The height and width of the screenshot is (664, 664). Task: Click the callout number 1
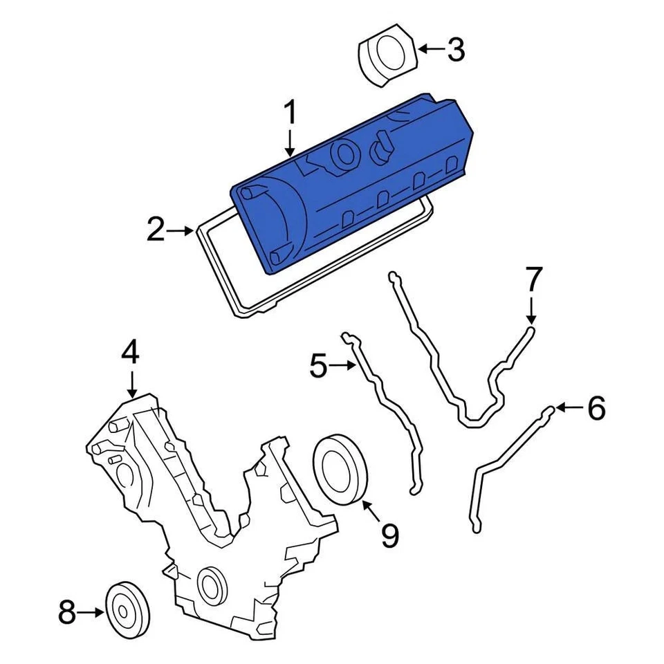[x=290, y=113]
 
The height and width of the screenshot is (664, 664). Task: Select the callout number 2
[x=156, y=230]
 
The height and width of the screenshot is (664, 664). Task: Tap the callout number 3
[x=456, y=49]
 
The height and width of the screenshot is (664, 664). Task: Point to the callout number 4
[x=130, y=353]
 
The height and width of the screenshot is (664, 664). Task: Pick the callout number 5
[x=317, y=365]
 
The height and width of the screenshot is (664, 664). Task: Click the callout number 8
[x=66, y=612]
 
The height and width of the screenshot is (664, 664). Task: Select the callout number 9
[x=391, y=535]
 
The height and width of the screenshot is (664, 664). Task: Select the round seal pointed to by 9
[x=341, y=468]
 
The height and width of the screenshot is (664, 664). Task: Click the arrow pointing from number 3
[x=431, y=49]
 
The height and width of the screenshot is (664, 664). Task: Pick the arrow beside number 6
[x=569, y=408]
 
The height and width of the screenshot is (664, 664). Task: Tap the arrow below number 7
[x=531, y=308]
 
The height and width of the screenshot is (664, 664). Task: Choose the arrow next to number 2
[x=183, y=230]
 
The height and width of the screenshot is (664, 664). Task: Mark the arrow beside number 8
[x=91, y=612]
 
